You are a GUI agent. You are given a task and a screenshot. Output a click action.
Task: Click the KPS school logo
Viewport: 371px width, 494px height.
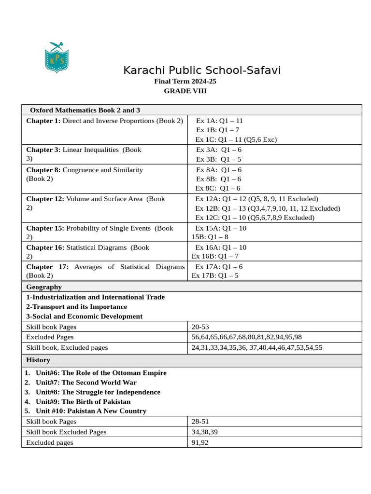(x=57, y=57)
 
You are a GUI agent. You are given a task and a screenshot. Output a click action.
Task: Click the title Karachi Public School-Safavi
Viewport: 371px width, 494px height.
(x=202, y=70)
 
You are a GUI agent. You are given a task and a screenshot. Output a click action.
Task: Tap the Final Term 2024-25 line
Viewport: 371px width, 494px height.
(x=185, y=81)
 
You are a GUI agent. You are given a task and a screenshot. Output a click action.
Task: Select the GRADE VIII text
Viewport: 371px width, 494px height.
(x=185, y=91)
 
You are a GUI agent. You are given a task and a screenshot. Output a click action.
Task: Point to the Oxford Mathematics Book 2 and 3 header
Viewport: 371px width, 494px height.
(x=85, y=110)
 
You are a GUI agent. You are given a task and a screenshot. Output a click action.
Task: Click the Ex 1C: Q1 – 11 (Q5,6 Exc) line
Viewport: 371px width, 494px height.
(x=236, y=139)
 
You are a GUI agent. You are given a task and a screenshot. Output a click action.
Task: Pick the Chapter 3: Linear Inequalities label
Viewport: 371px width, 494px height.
(x=83, y=150)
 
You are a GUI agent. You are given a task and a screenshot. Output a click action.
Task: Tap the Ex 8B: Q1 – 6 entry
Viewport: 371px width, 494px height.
(x=218, y=179)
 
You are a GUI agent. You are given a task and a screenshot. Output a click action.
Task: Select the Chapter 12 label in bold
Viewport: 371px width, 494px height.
(x=45, y=199)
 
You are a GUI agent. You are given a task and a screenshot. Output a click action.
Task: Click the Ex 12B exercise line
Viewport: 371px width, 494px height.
(x=268, y=208)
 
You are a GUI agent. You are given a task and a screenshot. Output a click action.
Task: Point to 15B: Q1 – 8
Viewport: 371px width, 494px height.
(x=210, y=237)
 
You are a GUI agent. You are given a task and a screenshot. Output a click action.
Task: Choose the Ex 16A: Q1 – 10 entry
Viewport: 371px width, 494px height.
(x=220, y=247)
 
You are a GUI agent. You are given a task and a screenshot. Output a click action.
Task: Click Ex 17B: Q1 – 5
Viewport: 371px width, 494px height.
(x=215, y=275)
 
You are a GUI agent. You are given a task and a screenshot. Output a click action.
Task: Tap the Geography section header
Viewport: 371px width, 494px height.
(x=44, y=287)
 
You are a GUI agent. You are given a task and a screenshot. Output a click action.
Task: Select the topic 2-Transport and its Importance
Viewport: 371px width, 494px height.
(x=76, y=307)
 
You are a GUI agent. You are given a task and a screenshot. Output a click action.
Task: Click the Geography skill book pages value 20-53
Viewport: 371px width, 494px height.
(x=200, y=327)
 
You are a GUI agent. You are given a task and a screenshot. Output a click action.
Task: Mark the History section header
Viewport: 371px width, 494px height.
(x=38, y=360)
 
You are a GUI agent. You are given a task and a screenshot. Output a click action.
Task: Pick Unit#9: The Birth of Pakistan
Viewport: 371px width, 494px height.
(x=83, y=401)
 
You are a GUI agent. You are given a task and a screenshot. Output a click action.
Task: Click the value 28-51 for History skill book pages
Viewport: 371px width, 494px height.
(x=200, y=422)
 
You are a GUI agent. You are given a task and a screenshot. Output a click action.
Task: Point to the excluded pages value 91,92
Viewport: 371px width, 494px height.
(x=200, y=442)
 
